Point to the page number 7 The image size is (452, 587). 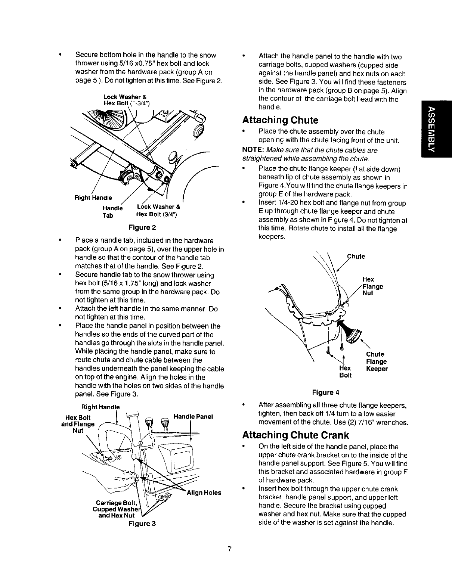tap(230, 549)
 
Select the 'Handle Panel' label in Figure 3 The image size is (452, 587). tap(193, 416)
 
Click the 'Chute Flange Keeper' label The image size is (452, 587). tap(376, 361)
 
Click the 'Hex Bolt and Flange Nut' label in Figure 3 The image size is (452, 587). tap(78, 424)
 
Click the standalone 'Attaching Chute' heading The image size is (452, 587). tap(280, 120)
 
